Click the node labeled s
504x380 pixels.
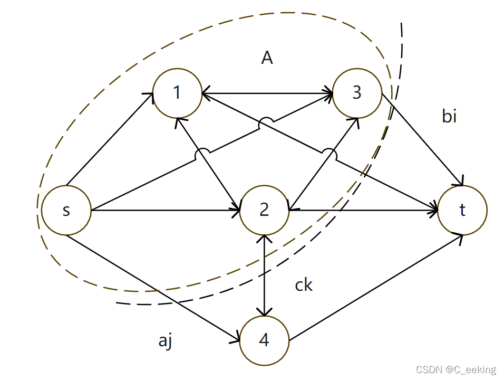point(66,211)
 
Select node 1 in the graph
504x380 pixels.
point(178,93)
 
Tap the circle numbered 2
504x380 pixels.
point(264,211)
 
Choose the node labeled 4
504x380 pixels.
point(264,341)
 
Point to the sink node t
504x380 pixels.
point(462,211)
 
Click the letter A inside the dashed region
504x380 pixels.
point(267,58)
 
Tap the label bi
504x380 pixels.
point(449,116)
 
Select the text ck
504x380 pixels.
point(304,285)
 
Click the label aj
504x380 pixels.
point(166,341)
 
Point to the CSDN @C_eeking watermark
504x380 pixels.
point(456,370)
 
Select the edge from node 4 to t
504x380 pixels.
point(374,288)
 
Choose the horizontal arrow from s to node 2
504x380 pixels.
point(163,211)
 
